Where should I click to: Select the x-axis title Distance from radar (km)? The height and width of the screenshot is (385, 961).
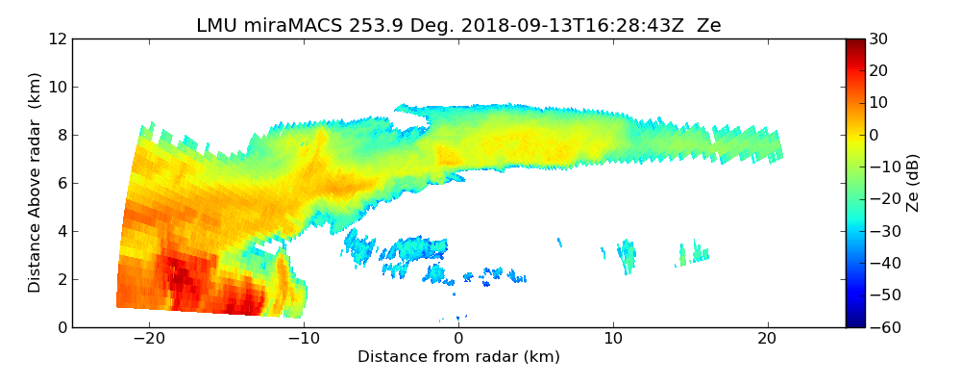coord(458,357)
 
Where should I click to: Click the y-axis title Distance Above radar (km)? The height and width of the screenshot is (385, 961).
coord(35,182)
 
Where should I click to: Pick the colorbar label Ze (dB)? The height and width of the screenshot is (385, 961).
coord(913,183)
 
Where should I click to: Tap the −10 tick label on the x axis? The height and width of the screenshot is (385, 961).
coord(303,339)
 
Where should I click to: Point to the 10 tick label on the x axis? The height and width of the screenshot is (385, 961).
coord(613,339)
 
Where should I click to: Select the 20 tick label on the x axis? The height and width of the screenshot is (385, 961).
coord(767,339)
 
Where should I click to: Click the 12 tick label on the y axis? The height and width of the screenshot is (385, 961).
coord(57,38)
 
